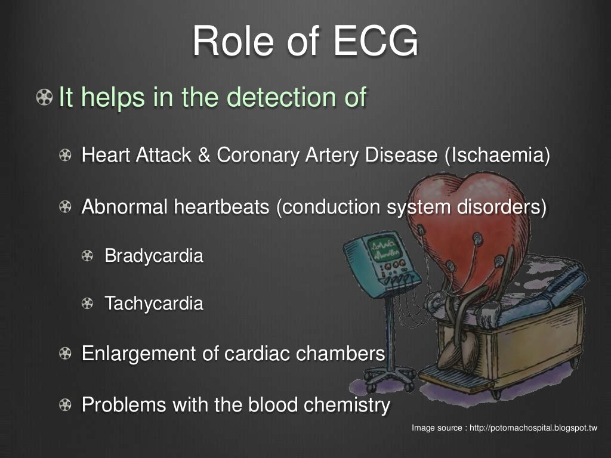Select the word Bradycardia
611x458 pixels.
(154, 256)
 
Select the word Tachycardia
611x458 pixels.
(154, 304)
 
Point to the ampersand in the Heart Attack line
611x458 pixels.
(204, 156)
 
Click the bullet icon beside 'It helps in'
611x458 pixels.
(44, 97)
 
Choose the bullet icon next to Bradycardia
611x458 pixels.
(88, 256)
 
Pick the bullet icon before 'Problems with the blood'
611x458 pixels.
(65, 406)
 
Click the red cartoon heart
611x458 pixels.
(477, 221)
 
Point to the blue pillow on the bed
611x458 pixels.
(558, 287)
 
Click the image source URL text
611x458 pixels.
(504, 428)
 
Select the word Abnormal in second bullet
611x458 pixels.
(125, 207)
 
